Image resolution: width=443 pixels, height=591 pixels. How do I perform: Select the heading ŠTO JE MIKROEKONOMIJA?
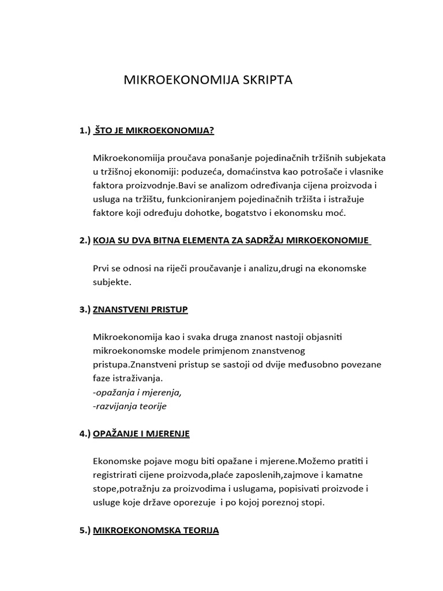pyautogui.click(x=154, y=131)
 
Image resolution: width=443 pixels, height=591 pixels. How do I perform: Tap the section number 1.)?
pyautogui.click(x=85, y=131)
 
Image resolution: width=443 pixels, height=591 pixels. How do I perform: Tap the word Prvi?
pyautogui.click(x=102, y=268)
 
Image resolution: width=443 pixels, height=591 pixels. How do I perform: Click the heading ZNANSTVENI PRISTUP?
pyautogui.click(x=140, y=309)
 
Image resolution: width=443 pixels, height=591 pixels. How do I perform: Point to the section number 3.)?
pyautogui.click(x=85, y=309)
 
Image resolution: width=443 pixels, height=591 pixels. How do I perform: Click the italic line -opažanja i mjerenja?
pyautogui.click(x=137, y=392)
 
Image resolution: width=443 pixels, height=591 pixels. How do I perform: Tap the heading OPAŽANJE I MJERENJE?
pyautogui.click(x=141, y=433)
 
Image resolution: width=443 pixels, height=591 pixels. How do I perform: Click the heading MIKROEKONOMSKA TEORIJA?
pyautogui.click(x=156, y=529)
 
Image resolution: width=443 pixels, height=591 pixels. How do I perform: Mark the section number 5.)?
pyautogui.click(x=85, y=529)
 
